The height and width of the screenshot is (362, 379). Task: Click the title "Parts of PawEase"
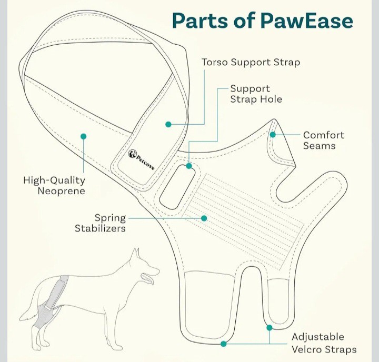[x=262, y=22]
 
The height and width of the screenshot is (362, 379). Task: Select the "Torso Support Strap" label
[x=251, y=63]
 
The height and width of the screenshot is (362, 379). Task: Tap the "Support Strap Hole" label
[x=256, y=94]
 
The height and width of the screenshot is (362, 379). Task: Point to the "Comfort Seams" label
[x=323, y=140]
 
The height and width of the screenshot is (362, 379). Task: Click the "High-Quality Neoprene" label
[x=54, y=186]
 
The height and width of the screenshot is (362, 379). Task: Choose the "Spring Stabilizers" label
[x=100, y=223]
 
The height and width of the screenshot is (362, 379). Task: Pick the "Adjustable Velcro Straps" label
[x=324, y=343]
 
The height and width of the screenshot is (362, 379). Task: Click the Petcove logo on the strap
[x=141, y=158]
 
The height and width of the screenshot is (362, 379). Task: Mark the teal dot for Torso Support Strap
[x=168, y=124]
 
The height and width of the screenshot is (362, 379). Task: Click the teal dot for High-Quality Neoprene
[x=83, y=136]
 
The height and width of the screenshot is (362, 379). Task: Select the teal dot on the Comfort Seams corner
[x=273, y=135]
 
